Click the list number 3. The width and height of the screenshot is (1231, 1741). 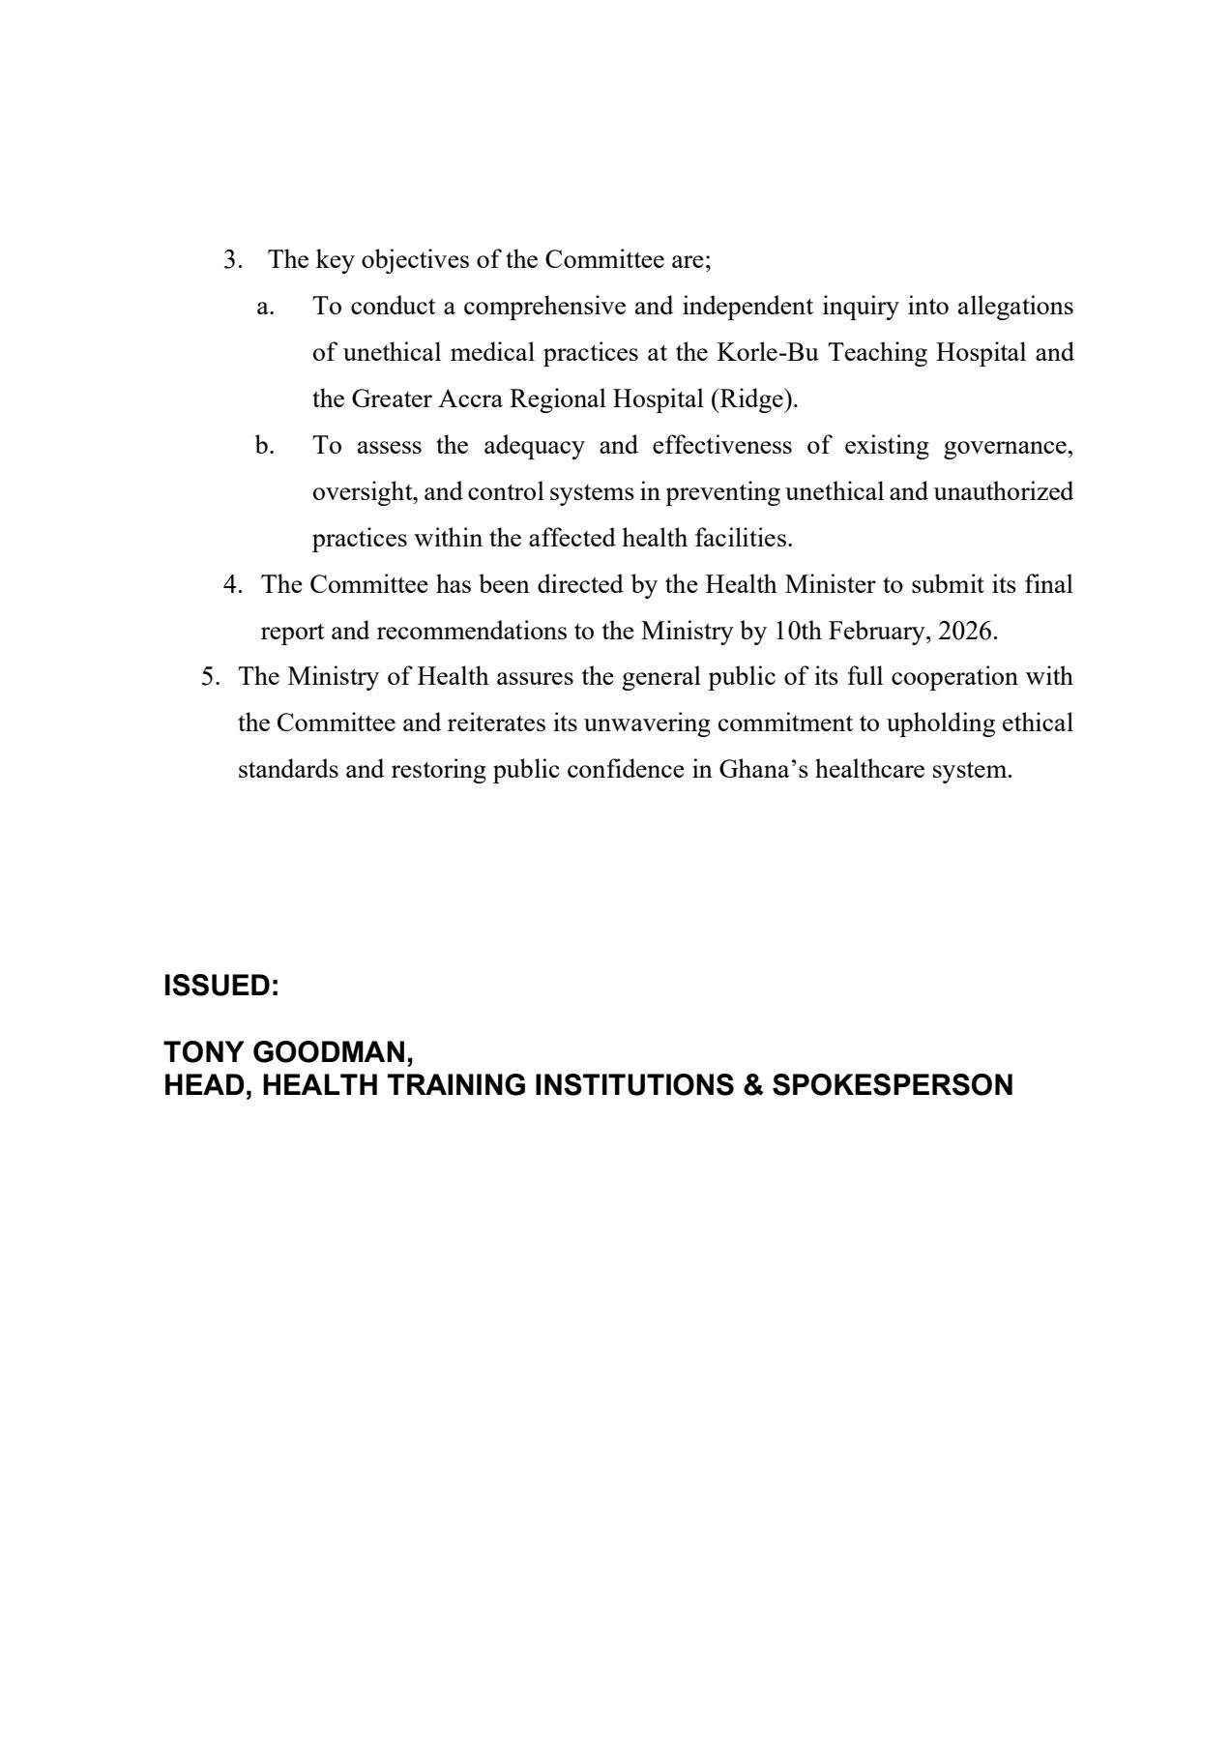[231, 260]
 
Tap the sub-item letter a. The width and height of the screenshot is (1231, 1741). [265, 307]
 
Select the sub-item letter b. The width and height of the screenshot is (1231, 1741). [265, 446]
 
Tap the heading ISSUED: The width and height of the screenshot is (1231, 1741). [221, 987]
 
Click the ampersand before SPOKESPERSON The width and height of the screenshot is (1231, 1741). [753, 1085]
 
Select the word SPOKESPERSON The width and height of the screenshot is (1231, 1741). [892, 1085]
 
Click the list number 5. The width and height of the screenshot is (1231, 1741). [210, 677]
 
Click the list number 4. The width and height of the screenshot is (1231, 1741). [231, 585]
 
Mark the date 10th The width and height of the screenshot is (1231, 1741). [798, 632]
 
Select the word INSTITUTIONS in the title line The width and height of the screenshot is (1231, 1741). [634, 1085]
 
